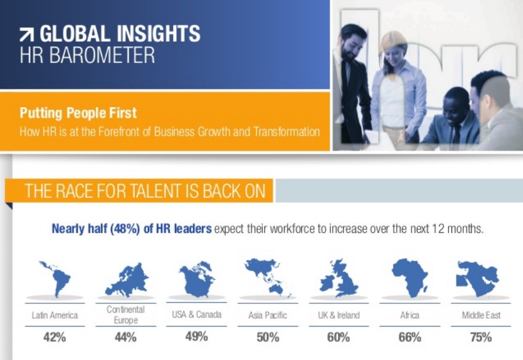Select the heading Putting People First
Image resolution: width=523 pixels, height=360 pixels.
coord(78,113)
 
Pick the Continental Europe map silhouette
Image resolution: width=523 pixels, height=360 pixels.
coord(127,280)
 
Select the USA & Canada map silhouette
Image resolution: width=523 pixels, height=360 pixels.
coord(197,280)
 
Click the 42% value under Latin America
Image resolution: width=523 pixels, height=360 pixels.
coord(55,337)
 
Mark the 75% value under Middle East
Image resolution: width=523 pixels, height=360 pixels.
coord(480,337)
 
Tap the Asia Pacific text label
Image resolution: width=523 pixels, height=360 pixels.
coord(267,315)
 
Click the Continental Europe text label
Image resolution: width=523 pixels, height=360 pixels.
coord(126,314)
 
